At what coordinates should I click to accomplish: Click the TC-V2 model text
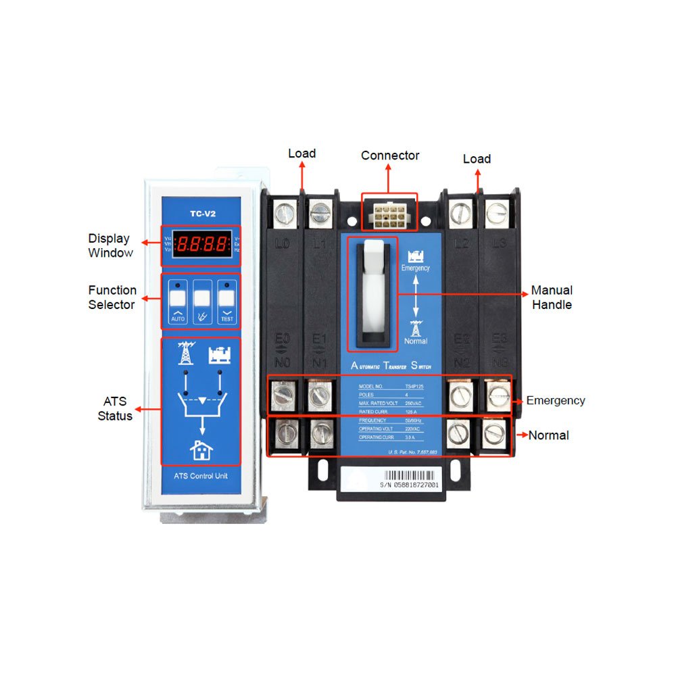201,214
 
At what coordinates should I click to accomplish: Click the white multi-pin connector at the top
389,214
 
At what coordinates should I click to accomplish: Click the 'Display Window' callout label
109,245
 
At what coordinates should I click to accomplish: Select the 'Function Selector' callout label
112,297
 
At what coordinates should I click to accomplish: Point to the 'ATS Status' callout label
114,409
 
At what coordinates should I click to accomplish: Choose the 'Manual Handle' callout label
552,297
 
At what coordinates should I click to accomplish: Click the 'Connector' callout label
390,155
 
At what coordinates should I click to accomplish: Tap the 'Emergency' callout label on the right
556,400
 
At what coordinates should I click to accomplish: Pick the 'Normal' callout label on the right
548,435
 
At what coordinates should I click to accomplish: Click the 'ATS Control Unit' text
200,476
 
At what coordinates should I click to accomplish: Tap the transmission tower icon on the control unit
185,354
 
